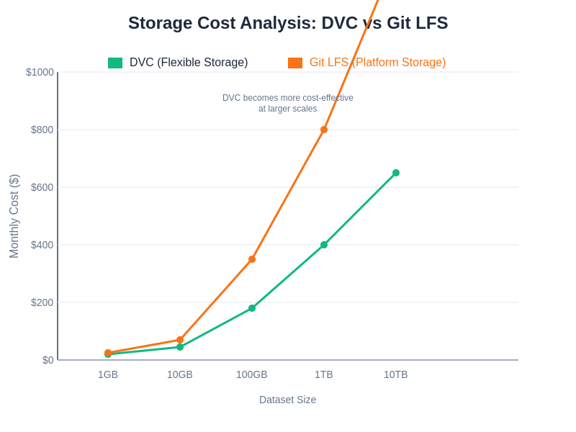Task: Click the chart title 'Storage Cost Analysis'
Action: coord(288,23)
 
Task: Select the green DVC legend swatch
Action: coord(115,63)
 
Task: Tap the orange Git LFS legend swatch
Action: coord(295,63)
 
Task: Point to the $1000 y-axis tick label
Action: coord(40,72)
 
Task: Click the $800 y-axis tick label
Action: coord(42,130)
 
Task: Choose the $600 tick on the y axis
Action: coord(42,187)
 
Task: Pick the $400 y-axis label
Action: coord(42,245)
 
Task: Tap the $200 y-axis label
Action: coord(42,302)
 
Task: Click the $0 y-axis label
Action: coord(48,360)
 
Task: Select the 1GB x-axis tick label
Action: coord(108,374)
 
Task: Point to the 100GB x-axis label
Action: coord(252,374)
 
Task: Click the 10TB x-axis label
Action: coord(396,374)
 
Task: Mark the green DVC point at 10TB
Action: coord(396,173)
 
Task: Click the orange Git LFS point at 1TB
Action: coord(324,130)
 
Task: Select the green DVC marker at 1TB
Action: coord(324,245)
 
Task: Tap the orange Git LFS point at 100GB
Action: coord(252,259)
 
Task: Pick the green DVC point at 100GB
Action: coord(252,308)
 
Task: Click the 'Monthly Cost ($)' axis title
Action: coord(14,216)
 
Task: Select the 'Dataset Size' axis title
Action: coord(287,400)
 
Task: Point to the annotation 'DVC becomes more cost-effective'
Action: coord(287,98)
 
